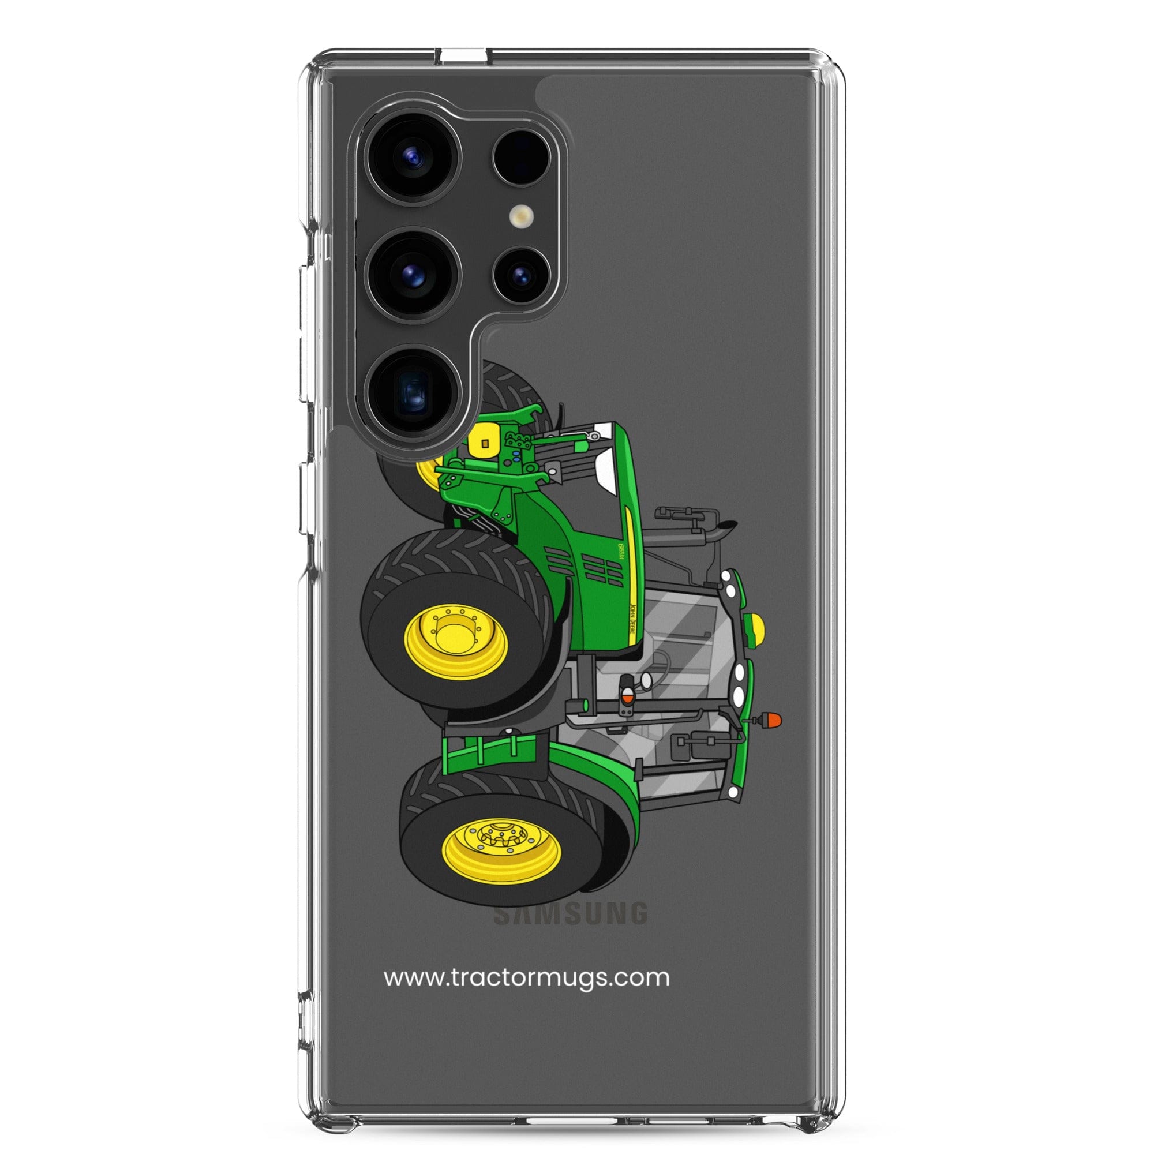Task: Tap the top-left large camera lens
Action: click(414, 158)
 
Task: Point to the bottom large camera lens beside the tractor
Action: click(414, 392)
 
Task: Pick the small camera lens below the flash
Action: click(522, 276)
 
